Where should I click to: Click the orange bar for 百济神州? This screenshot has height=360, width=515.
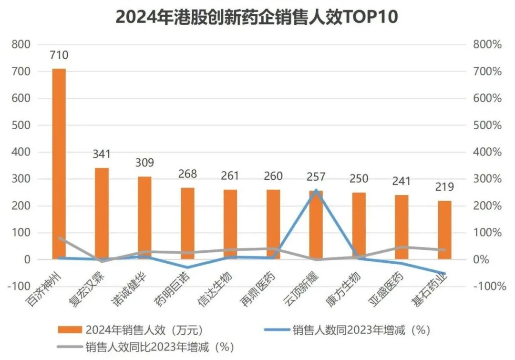[59, 162]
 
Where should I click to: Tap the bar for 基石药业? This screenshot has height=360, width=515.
[444, 229]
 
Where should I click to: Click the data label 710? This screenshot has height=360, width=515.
[59, 55]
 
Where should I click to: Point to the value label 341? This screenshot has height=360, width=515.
[102, 154]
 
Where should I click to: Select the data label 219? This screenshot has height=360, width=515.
[444, 187]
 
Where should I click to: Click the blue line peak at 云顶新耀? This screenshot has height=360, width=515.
[316, 190]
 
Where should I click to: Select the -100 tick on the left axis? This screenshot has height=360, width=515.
[19, 287]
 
